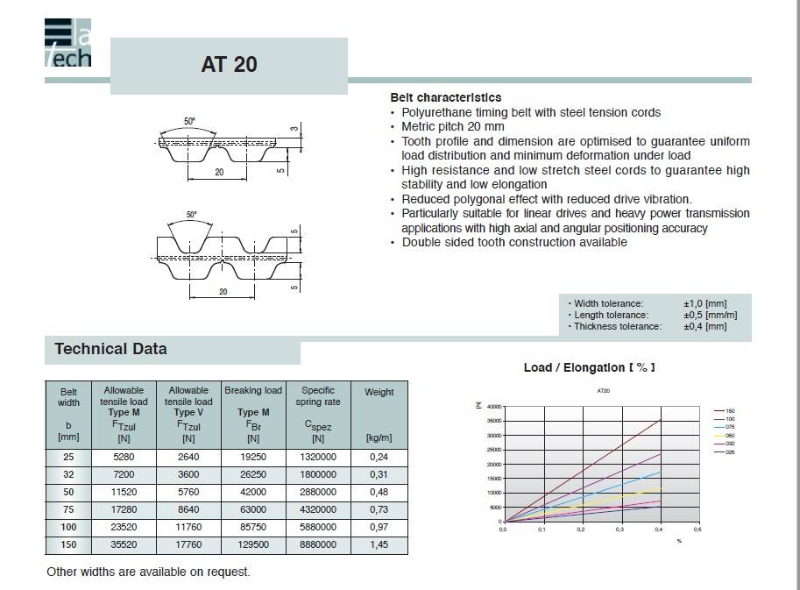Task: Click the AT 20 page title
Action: (229, 65)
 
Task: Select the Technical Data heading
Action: (110, 349)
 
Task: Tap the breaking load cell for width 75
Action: (252, 509)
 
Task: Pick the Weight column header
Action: (379, 392)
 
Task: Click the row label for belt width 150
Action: (68, 544)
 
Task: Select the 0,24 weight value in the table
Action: (379, 457)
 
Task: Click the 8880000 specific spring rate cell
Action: (318, 544)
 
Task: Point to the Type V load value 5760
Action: (188, 492)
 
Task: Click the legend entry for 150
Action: (729, 409)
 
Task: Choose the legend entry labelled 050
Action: (729, 434)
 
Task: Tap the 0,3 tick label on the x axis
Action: (619, 530)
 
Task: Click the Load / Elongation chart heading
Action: (589, 367)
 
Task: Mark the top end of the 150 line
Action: (659, 420)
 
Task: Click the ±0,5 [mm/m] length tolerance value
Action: (710, 315)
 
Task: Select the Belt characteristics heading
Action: (445, 97)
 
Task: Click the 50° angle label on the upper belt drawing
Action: (189, 122)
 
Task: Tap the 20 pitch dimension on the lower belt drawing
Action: (223, 291)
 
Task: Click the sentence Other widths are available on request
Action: (148, 572)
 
